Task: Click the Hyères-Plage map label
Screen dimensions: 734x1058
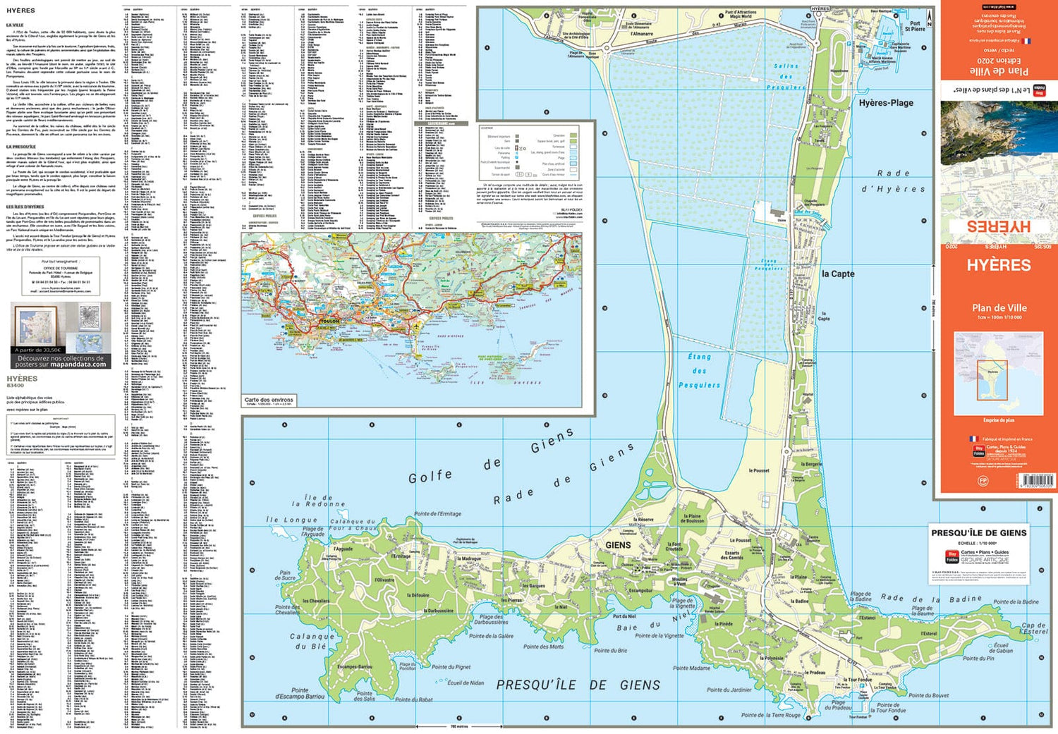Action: (886, 103)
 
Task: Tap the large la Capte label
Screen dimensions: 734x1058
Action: (838, 274)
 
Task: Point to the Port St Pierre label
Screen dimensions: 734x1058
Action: (915, 26)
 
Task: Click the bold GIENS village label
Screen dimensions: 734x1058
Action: (618, 545)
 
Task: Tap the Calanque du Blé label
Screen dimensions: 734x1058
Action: (311, 641)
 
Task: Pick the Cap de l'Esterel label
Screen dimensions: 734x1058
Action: (1035, 628)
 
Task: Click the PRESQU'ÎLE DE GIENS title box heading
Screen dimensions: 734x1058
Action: (979, 533)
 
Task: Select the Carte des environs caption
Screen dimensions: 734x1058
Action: (269, 400)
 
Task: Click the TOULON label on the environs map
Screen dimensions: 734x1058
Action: (329, 321)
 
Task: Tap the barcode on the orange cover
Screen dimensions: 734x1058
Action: (1038, 480)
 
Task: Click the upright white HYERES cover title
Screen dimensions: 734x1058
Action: (998, 265)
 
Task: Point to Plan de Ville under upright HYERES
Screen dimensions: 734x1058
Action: (999, 307)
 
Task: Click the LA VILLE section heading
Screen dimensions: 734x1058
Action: (15, 25)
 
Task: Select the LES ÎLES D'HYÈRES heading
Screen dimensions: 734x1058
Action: (25, 207)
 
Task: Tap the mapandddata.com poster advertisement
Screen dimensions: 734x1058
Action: (61, 335)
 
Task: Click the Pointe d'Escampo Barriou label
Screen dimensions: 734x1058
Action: (300, 693)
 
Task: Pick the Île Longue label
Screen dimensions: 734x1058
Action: (291, 520)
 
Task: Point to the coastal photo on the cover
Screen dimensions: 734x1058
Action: (998, 132)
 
